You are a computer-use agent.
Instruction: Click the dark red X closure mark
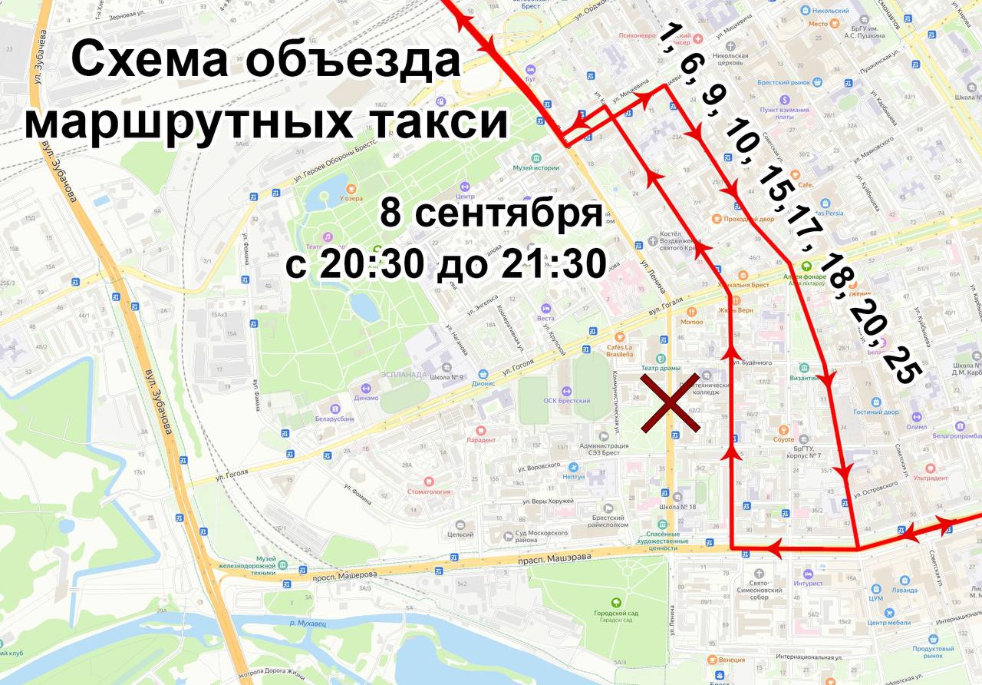pos(670,404)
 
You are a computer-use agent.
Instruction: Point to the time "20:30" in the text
pos(371,265)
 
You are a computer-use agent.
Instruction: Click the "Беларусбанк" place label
pos(334,419)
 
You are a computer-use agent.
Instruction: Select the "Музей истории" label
pos(535,167)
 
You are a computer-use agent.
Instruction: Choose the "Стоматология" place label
pos(428,491)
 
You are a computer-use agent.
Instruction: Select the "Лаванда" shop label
pos(905,590)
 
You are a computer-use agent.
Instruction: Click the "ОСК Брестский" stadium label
pos(566,401)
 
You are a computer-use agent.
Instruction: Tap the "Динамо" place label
pos(367,397)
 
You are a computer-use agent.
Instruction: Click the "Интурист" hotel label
pos(808,583)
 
